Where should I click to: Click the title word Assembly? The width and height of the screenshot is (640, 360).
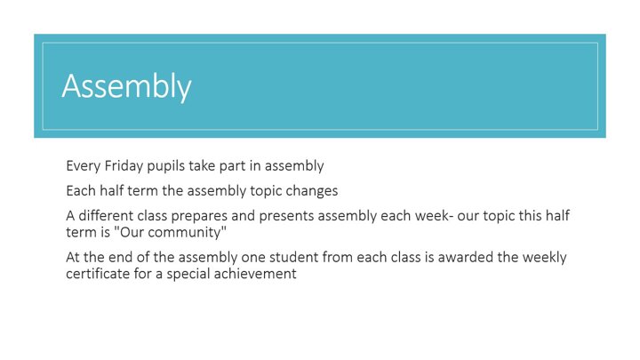pyautogui.click(x=126, y=86)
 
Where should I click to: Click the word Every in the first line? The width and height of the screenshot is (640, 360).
pyautogui.click(x=84, y=166)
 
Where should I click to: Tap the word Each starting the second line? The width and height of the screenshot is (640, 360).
pyautogui.click(x=81, y=190)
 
